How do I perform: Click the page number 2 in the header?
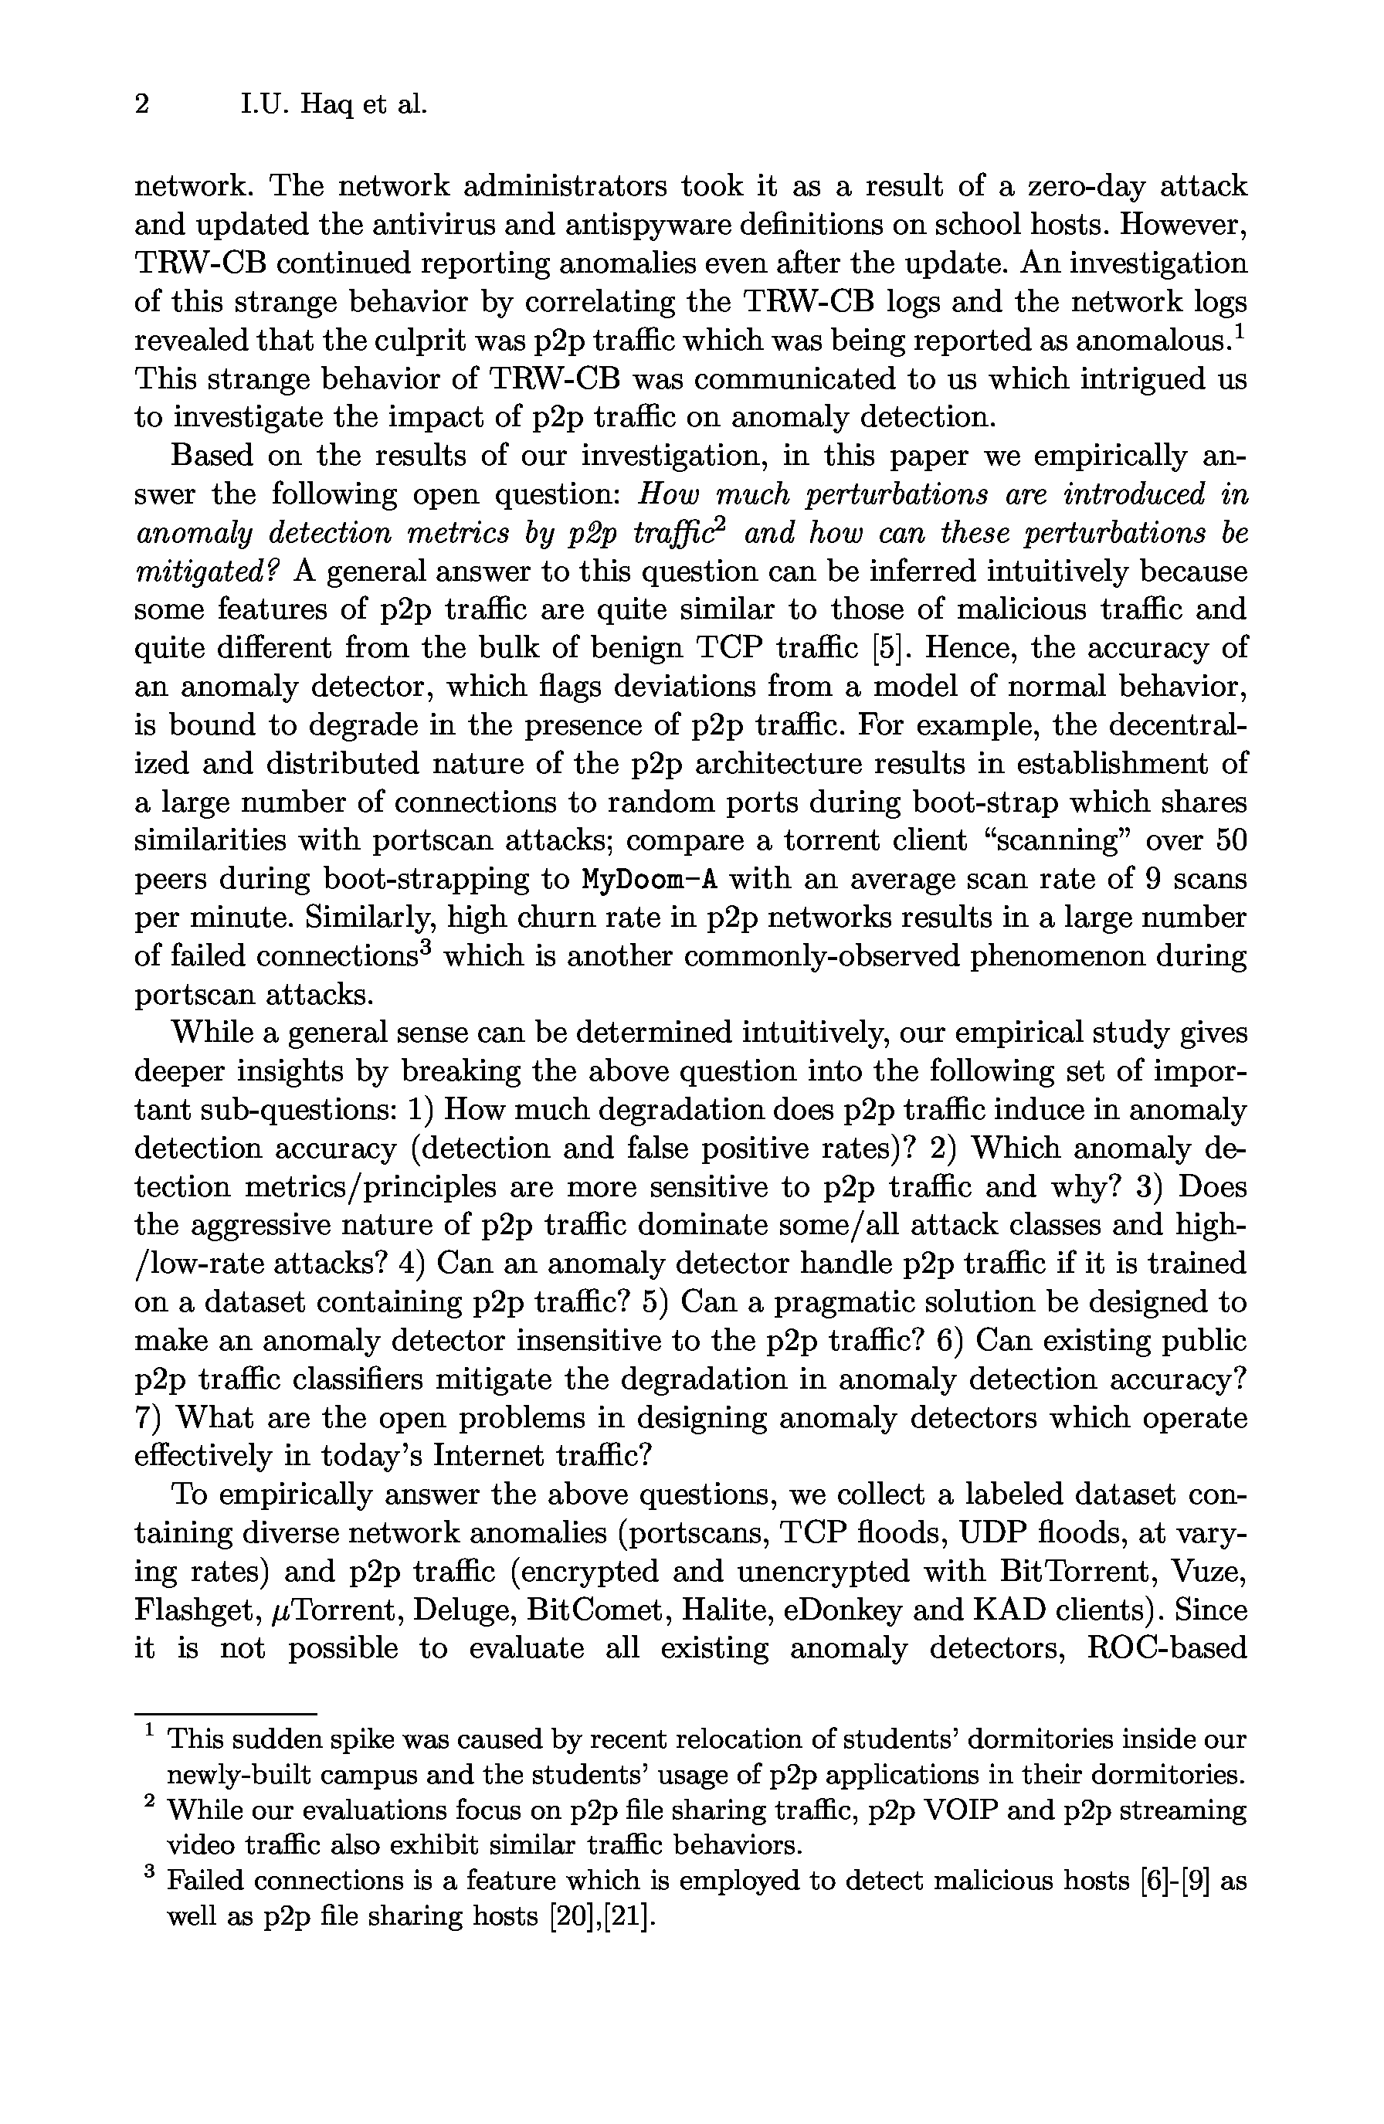pos(141,105)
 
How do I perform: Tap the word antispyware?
pos(582,225)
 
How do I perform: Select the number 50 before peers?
pos(1229,840)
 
